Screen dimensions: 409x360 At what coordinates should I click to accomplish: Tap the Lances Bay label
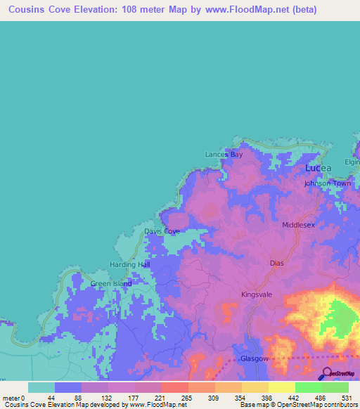(224, 155)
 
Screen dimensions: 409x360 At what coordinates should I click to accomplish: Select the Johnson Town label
(327, 183)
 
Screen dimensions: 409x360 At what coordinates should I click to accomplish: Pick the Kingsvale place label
(257, 294)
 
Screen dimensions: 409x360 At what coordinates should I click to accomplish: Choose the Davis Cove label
(162, 231)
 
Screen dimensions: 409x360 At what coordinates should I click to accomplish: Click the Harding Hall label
(130, 265)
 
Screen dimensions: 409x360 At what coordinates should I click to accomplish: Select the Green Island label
(111, 284)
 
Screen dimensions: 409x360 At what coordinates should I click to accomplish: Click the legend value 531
(345, 398)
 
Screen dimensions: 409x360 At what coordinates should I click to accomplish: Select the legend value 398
(265, 398)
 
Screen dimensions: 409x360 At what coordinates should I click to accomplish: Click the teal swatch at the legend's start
(41, 387)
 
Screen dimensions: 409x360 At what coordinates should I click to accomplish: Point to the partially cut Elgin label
(352, 162)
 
